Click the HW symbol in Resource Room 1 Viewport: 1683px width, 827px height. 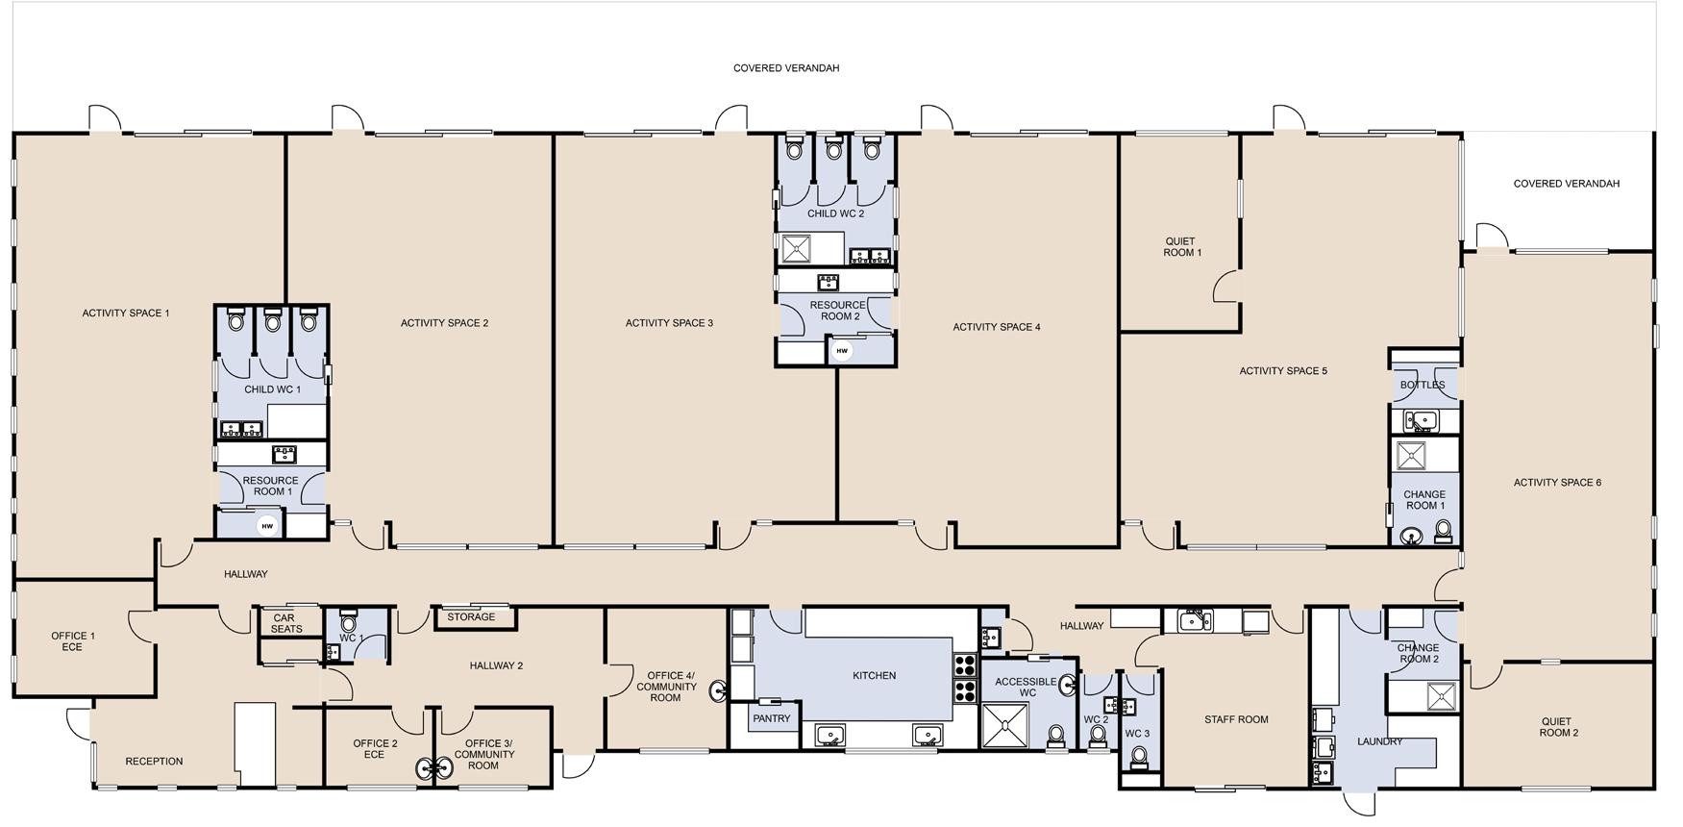267,526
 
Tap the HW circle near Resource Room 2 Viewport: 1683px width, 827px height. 842,351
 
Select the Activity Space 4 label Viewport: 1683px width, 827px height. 997,327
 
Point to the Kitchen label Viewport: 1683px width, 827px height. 875,676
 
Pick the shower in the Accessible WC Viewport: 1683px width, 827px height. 1004,726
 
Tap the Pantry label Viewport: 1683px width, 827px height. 772,718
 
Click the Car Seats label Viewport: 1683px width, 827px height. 285,623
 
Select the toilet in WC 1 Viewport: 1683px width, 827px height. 349,621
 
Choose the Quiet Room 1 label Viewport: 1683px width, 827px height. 1182,247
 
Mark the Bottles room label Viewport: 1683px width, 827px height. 1423,385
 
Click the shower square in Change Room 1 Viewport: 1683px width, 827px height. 1411,455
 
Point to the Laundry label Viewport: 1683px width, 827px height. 1380,741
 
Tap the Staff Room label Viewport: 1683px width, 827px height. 1236,719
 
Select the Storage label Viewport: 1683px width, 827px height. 471,617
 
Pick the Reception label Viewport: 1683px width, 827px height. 154,762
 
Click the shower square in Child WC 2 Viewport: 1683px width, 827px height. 797,249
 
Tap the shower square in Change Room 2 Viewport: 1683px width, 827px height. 1441,696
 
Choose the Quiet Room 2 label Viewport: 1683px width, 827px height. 1559,727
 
